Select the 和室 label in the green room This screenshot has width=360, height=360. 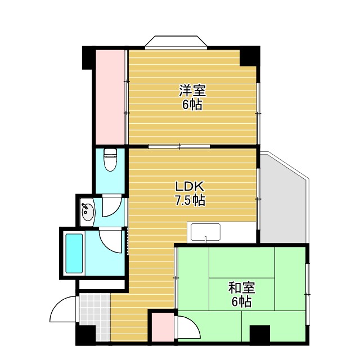tap(241, 288)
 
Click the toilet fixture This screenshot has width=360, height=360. tap(110, 159)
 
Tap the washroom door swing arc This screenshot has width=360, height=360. tap(111, 208)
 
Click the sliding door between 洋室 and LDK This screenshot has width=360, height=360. tap(179, 147)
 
